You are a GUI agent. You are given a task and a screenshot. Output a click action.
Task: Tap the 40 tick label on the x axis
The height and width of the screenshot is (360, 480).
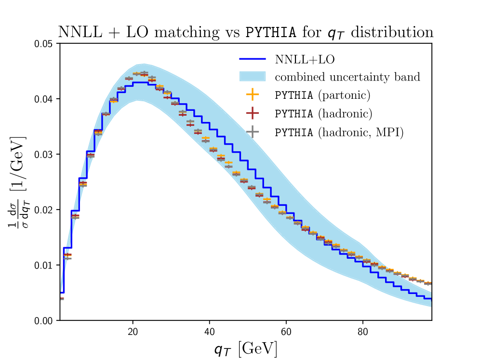coord(210,332)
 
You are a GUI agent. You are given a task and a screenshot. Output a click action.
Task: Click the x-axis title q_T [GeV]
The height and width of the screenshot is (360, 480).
coord(245,347)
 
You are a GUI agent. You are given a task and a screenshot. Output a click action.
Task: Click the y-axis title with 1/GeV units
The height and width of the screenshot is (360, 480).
coord(20,182)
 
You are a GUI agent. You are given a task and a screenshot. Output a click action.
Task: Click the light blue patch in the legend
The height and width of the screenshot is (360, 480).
coord(253,76)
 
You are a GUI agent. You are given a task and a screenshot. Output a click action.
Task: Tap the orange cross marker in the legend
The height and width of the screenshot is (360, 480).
coord(253,94)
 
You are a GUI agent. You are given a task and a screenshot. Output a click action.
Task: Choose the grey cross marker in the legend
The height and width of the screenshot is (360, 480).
coord(253,131)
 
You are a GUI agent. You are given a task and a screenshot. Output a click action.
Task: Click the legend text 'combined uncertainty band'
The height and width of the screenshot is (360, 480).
coord(347,77)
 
